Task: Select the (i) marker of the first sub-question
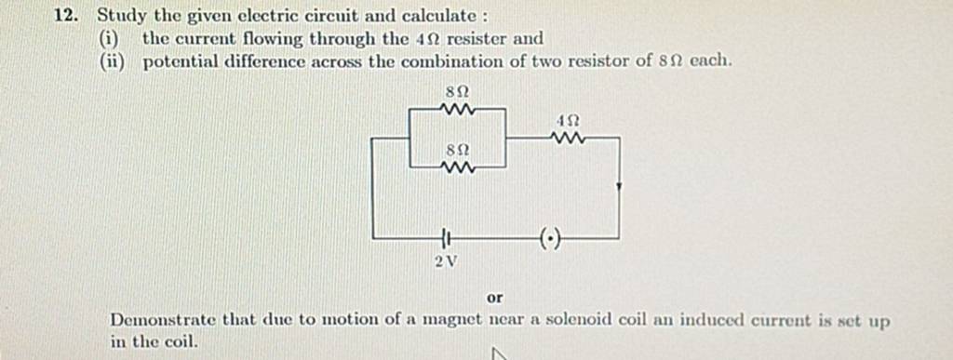pyautogui.click(x=118, y=39)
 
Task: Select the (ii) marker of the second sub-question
pyautogui.click(x=120, y=61)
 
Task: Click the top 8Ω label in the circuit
pyautogui.click(x=457, y=92)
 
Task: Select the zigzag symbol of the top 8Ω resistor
pyautogui.click(x=458, y=110)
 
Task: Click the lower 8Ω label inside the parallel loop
pyautogui.click(x=457, y=149)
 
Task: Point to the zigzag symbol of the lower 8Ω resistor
pyautogui.click(x=459, y=167)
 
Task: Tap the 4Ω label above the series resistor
pyautogui.click(x=569, y=121)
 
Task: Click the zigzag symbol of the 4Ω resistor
pyautogui.click(x=569, y=139)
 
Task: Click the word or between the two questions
pyautogui.click(x=495, y=299)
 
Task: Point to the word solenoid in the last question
pyautogui.click(x=583, y=321)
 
